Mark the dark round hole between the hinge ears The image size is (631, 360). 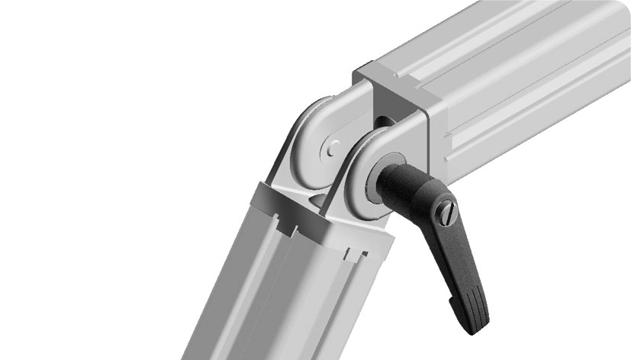[381, 121]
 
